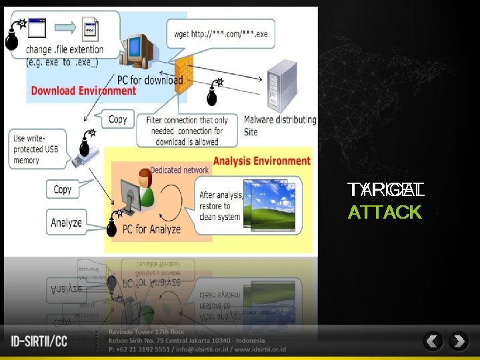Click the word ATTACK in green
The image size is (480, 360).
(385, 213)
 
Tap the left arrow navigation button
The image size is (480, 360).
(433, 342)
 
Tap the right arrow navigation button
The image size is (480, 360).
(459, 342)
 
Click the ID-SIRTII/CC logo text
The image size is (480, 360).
(39, 342)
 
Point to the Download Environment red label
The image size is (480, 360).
(83, 91)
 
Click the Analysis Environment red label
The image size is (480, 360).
(261, 161)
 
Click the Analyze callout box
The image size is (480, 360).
(67, 223)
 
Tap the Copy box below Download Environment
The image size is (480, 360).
(117, 119)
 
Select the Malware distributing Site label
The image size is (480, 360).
(279, 125)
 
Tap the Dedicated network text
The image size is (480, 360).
(179, 170)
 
